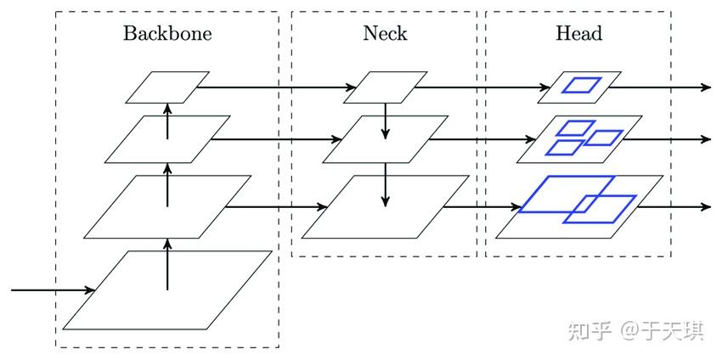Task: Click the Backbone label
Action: pyautogui.click(x=167, y=34)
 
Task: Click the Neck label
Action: pyautogui.click(x=385, y=34)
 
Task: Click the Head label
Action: pyautogui.click(x=578, y=34)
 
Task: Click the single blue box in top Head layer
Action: pyautogui.click(x=583, y=85)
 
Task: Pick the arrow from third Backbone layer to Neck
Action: pyautogui.click(x=276, y=206)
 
